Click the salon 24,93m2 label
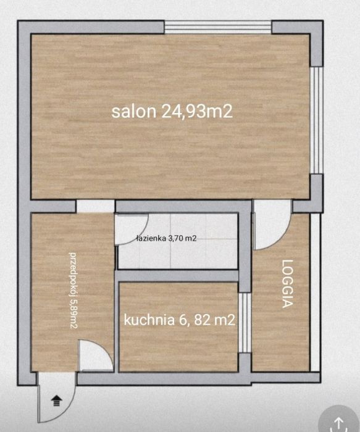coord(172,112)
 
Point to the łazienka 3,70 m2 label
coord(167,238)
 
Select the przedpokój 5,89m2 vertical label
coord(73,290)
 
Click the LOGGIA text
coord(288,283)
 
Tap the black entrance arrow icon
coord(57,401)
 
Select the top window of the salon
coord(218,27)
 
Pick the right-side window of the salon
coord(316,120)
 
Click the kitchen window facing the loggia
coord(245,323)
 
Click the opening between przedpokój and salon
coord(95,206)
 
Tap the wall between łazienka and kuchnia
coord(178,275)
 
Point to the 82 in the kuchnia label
coord(203,320)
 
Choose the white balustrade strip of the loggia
coord(316,293)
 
